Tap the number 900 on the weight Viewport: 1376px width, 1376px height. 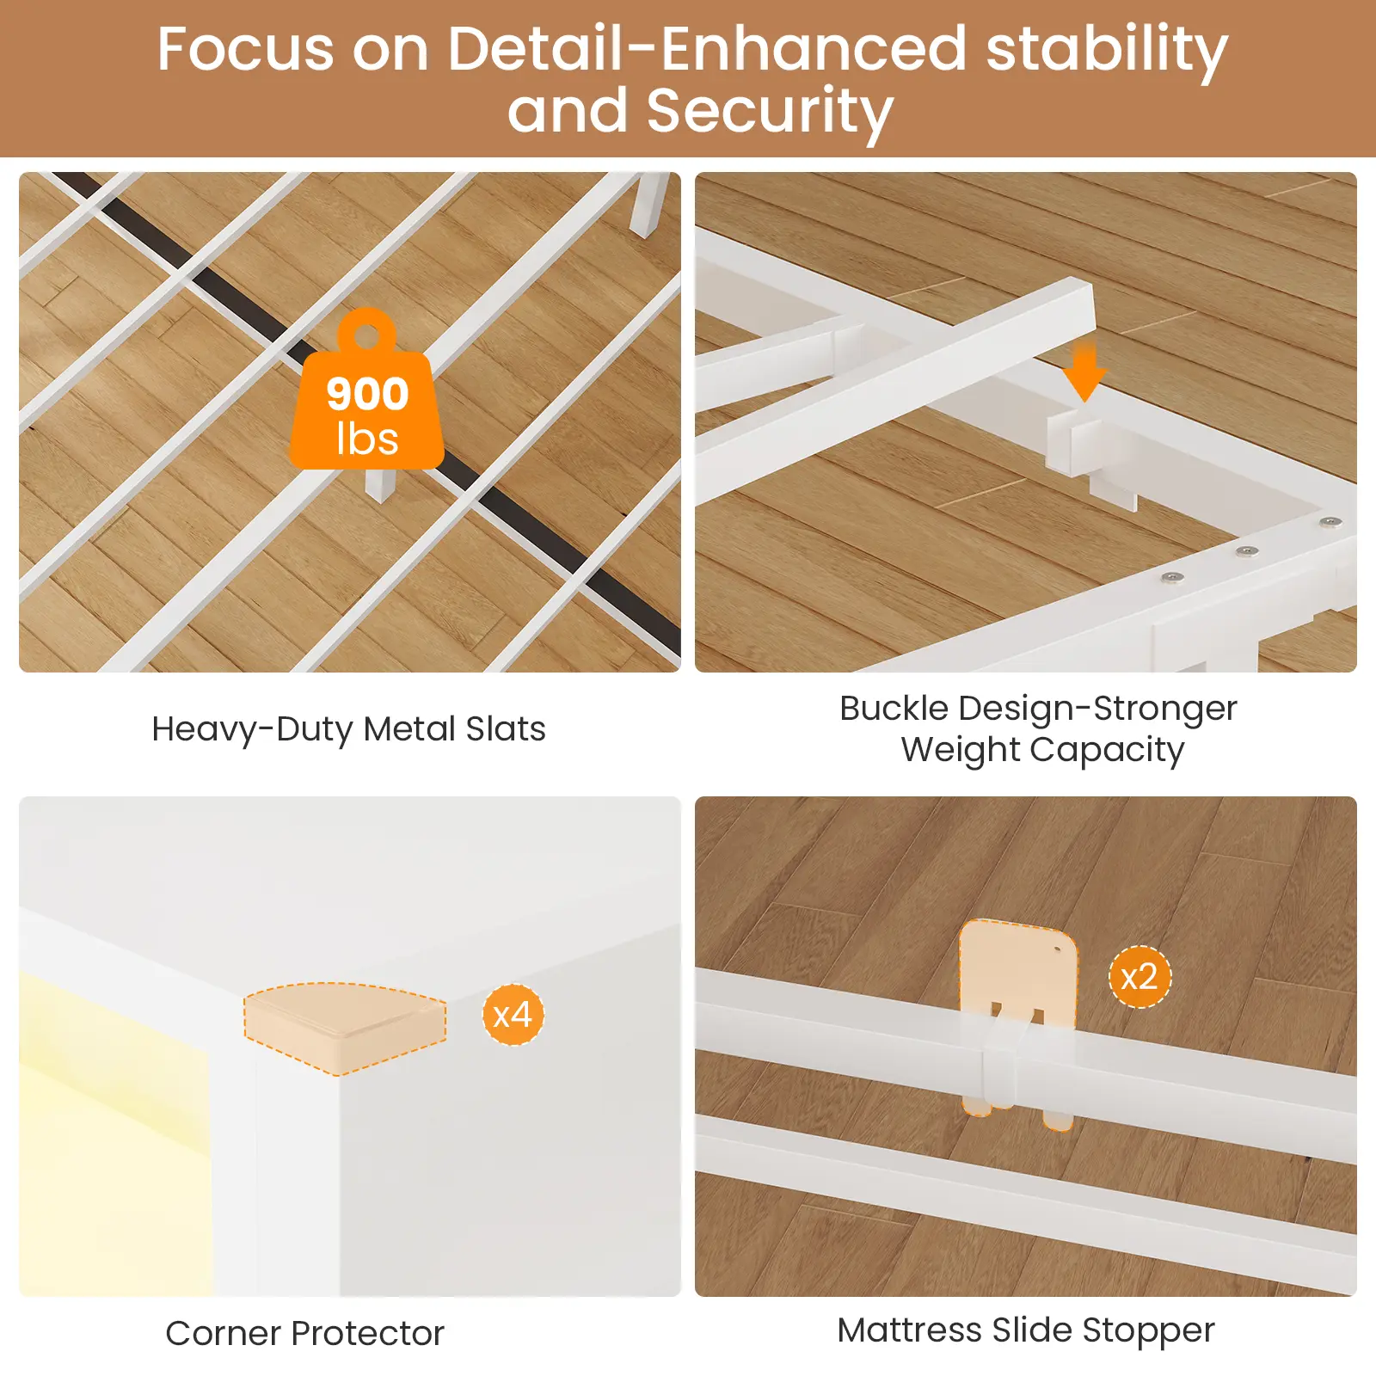(x=367, y=395)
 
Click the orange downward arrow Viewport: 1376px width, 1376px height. (x=1084, y=371)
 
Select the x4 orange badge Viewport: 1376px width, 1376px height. (x=513, y=1015)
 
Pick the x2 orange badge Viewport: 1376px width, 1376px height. (x=1139, y=977)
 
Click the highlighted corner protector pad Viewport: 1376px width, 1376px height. (x=345, y=1029)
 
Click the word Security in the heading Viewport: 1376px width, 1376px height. (x=770, y=112)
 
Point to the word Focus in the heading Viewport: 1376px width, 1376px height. (x=246, y=49)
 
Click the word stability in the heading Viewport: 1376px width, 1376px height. (x=1108, y=50)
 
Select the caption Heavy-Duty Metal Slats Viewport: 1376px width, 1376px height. (x=348, y=729)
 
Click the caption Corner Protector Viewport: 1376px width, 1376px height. (x=304, y=1333)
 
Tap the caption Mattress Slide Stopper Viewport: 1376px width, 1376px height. (x=1026, y=1330)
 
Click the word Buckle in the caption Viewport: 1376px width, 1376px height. (x=894, y=709)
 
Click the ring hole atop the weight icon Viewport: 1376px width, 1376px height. (x=367, y=335)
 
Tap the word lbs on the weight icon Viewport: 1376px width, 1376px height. (x=367, y=439)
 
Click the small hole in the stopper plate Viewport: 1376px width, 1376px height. (x=1057, y=950)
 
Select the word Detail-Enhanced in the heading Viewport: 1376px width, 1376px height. (x=707, y=49)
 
